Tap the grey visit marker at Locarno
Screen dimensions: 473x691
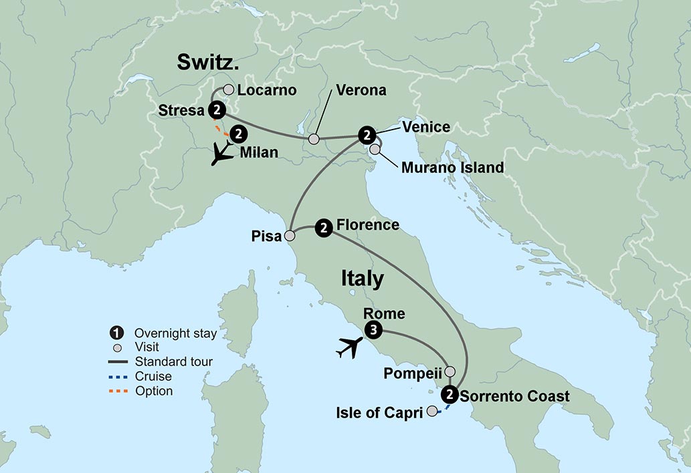coord(228,90)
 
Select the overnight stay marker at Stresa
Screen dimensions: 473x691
coord(216,110)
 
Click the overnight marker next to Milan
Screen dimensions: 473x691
coord(239,134)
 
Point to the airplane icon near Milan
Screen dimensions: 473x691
coord(221,155)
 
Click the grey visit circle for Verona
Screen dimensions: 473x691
coord(313,139)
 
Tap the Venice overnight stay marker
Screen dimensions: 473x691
coord(366,135)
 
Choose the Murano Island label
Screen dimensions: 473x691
coord(452,168)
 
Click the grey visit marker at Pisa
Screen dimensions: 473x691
coord(290,235)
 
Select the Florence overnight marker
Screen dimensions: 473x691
coord(324,228)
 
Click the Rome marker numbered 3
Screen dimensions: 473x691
coord(374,329)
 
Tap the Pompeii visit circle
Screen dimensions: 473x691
coord(450,371)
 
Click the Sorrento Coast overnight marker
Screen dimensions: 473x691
coord(450,394)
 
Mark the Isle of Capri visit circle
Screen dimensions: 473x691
coord(433,411)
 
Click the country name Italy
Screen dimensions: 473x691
coord(362,279)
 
